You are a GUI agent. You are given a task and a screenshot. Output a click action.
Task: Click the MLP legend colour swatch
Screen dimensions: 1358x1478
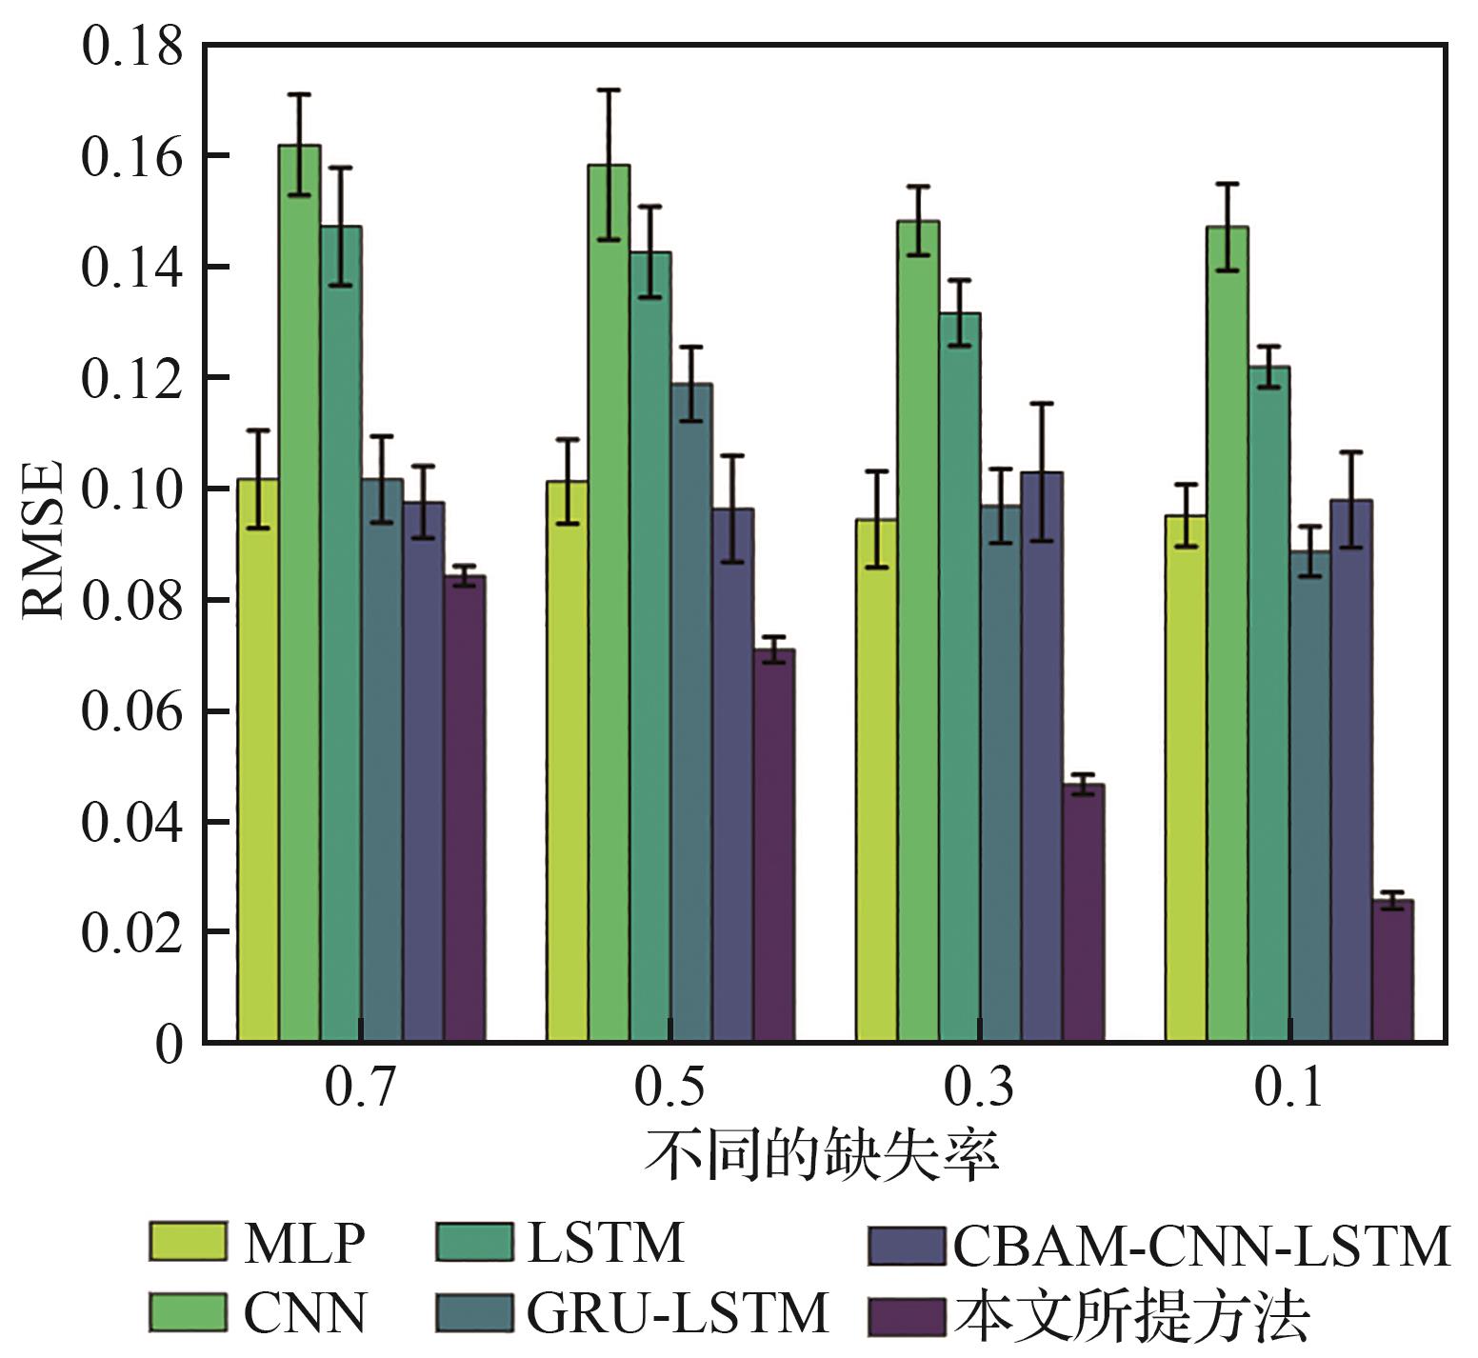pyautogui.click(x=188, y=1241)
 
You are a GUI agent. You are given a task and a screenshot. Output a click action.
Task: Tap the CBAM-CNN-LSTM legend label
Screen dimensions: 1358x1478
pyautogui.click(x=1202, y=1245)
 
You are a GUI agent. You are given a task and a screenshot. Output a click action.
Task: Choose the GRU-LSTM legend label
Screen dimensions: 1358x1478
pyautogui.click(x=678, y=1313)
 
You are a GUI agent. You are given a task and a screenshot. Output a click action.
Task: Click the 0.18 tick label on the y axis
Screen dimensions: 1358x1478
pyautogui.click(x=131, y=46)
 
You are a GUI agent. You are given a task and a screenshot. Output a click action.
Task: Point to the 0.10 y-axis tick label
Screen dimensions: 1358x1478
pyautogui.click(x=131, y=489)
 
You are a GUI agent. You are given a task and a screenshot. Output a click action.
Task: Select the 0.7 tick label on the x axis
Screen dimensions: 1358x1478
pyautogui.click(x=360, y=1087)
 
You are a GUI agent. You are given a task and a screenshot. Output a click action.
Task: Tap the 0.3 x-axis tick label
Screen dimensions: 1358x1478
pyautogui.click(x=979, y=1087)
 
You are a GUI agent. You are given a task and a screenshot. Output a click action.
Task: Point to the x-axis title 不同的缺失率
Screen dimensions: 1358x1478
pyautogui.click(x=821, y=1155)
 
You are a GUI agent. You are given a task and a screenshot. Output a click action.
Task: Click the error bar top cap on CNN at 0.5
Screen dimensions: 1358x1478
pyautogui.click(x=609, y=90)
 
